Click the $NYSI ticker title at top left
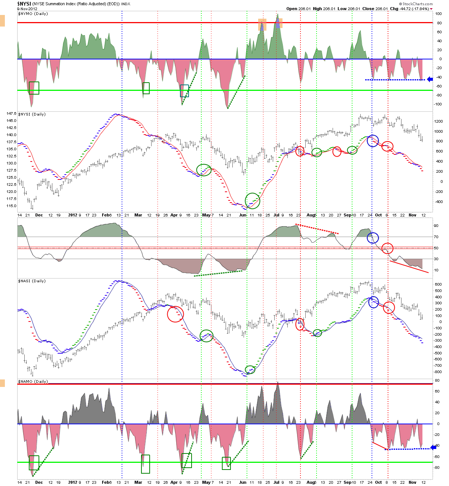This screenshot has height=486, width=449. (x=24, y=4)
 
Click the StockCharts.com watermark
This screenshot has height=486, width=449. (x=416, y=4)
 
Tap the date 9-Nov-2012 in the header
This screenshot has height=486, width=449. (x=27, y=9)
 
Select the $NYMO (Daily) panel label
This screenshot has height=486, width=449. (x=33, y=14)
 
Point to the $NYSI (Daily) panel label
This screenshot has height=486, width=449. (x=32, y=114)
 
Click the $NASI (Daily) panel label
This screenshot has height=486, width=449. (x=32, y=281)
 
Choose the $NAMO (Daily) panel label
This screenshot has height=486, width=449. (x=33, y=381)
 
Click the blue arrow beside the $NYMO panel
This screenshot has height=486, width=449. (x=430, y=79)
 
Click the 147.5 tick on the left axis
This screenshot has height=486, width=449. (x=11, y=114)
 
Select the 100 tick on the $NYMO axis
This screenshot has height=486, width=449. (x=439, y=14)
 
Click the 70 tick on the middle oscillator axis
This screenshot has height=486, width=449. (x=436, y=237)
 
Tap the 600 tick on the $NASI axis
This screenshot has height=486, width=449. (x=438, y=284)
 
